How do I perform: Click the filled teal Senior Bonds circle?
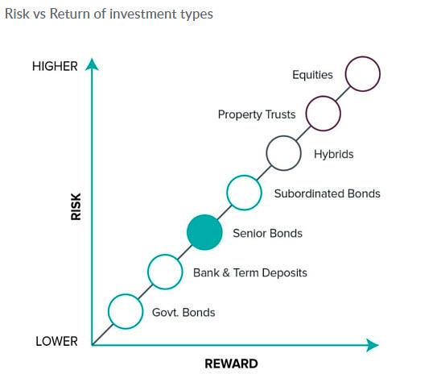[204, 232]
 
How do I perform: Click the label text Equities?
[312, 75]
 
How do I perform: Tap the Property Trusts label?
[257, 114]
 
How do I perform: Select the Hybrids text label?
[334, 154]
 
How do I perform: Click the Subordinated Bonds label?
[328, 193]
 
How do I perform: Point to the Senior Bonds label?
[267, 233]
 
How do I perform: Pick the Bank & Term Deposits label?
[250, 273]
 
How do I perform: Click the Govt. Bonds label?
[183, 313]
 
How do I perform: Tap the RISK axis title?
[76, 207]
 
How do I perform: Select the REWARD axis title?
[231, 364]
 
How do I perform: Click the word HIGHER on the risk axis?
[55, 66]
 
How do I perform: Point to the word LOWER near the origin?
[56, 341]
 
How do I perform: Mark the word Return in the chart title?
[71, 14]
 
